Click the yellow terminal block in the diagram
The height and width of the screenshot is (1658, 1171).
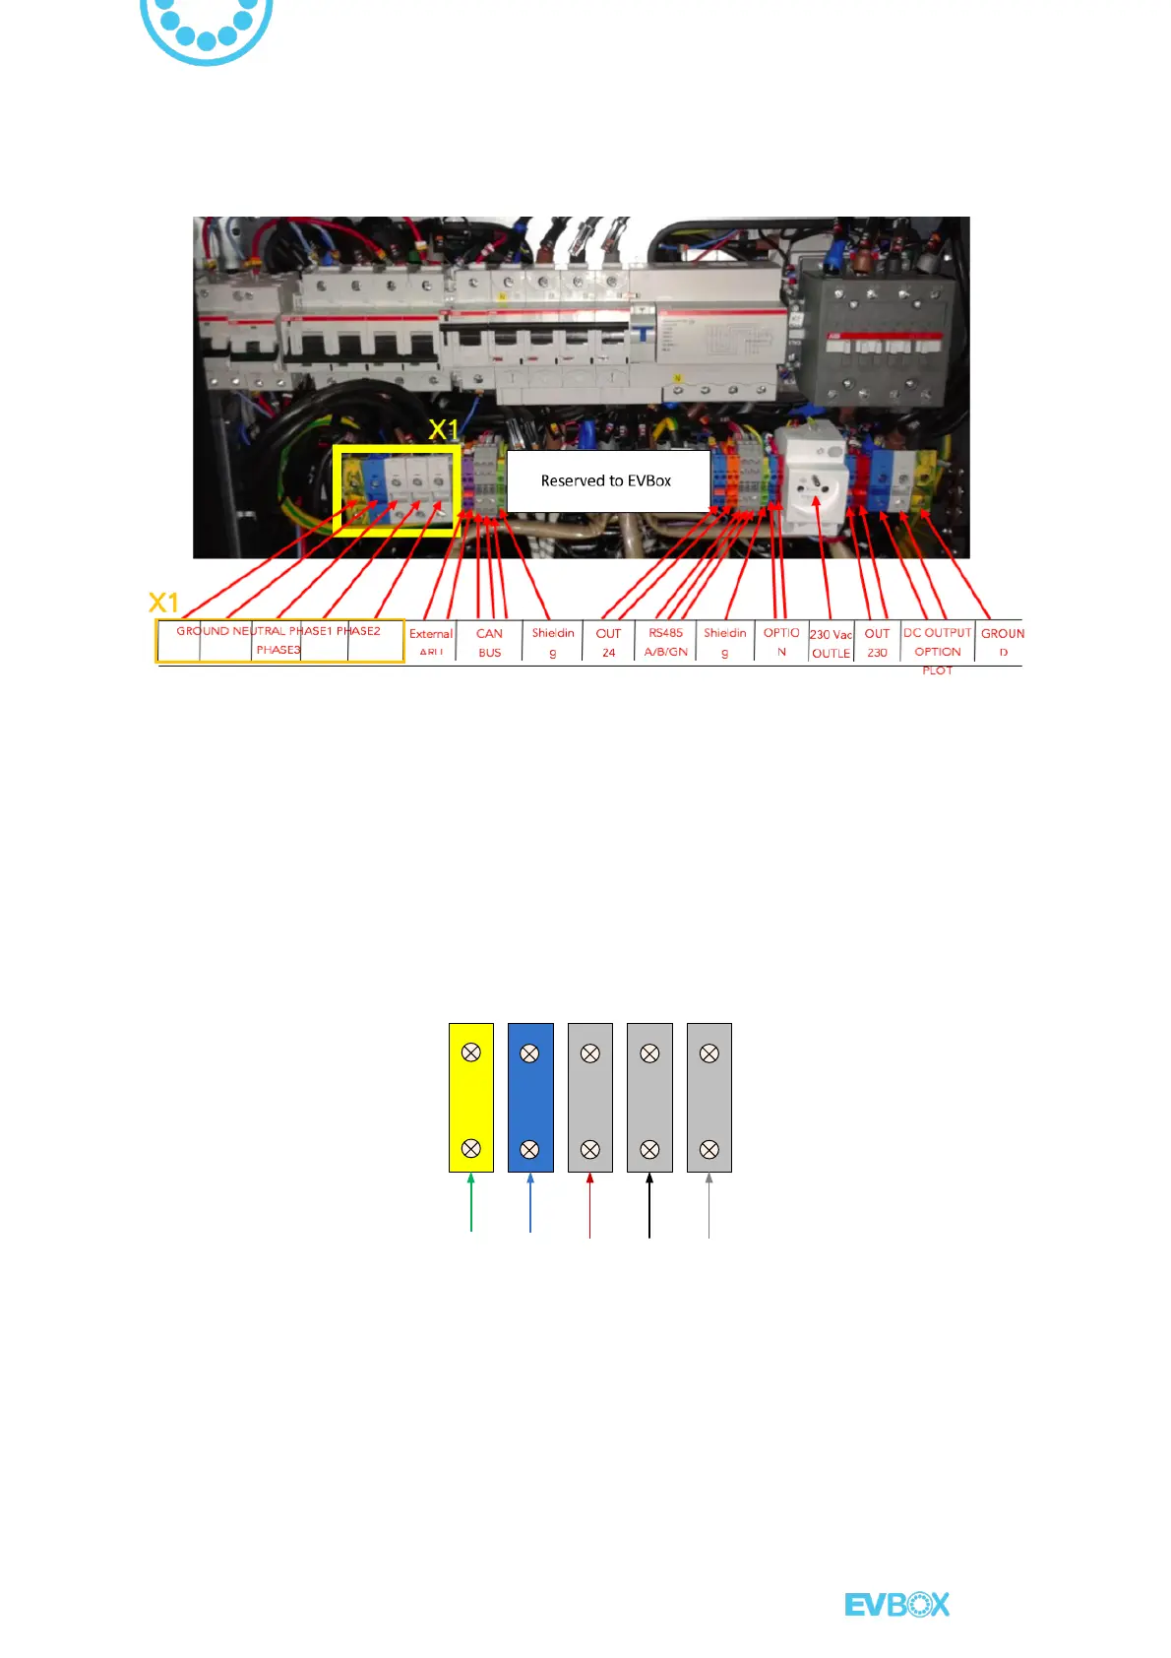(471, 1098)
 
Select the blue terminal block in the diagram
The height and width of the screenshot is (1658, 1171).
(530, 1098)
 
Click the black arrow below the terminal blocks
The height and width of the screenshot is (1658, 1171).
(649, 1205)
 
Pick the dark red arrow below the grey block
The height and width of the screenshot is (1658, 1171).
(589, 1205)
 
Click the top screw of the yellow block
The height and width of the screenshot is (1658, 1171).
(471, 1052)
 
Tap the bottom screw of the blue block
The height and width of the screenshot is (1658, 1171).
(529, 1149)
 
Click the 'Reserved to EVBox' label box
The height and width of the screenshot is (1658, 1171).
(607, 480)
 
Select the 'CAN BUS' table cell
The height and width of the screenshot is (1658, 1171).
(489, 642)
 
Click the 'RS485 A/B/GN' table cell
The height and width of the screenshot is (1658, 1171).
(666, 642)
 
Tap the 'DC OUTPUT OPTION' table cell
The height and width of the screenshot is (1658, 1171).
(938, 642)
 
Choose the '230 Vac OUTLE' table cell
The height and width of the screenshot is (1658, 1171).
(831, 643)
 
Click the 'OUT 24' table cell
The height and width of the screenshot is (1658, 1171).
(609, 642)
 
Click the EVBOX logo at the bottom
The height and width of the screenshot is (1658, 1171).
(897, 1605)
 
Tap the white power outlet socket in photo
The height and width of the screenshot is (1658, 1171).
(816, 485)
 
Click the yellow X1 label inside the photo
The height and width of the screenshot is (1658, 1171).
(444, 430)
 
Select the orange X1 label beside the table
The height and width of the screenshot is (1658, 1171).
(163, 603)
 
